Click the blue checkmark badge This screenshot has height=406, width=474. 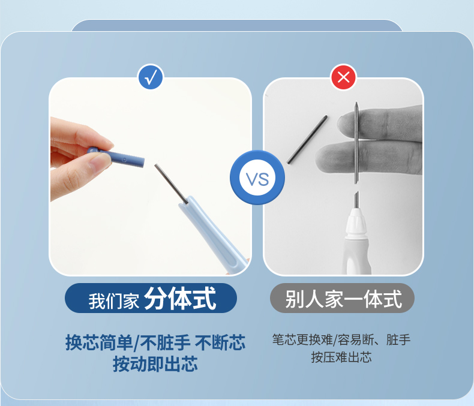point(150,77)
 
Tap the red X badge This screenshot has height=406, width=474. point(343,77)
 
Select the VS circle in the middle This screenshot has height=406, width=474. point(257,178)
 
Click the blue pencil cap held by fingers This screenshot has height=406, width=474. point(116,157)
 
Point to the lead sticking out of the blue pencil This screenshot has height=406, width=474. point(171,183)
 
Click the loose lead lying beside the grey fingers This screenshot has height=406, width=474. point(307,140)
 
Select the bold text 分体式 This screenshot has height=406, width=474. point(180,299)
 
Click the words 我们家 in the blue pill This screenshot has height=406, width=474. point(113,301)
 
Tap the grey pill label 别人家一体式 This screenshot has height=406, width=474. point(342,298)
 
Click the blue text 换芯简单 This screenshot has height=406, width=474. point(99,342)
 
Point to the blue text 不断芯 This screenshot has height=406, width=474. point(220,342)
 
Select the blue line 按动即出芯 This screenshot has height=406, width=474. point(155,363)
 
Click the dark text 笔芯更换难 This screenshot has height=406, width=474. point(302,339)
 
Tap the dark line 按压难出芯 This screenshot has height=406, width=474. point(341,357)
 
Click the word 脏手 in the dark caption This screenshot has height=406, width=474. point(398,339)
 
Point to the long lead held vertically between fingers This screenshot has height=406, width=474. point(357,143)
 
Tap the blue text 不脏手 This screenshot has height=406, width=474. point(165,342)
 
